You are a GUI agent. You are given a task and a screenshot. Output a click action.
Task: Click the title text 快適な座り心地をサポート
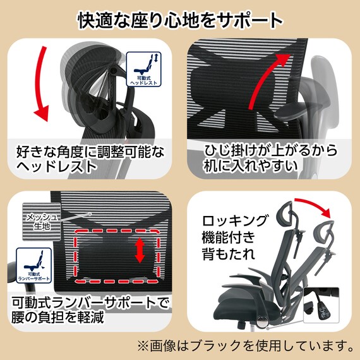point(180,19)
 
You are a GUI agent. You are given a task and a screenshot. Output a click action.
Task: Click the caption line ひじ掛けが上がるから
point(268,152)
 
